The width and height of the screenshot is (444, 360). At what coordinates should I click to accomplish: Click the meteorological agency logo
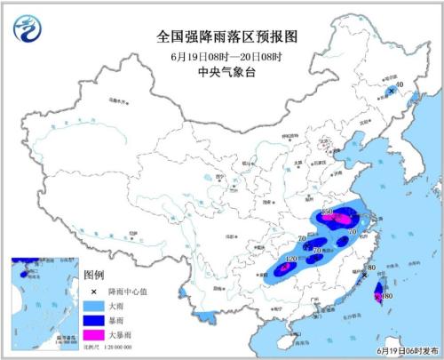(28, 29)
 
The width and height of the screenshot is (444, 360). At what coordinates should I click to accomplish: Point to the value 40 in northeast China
(399, 86)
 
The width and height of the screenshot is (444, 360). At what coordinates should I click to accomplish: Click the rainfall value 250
(327, 212)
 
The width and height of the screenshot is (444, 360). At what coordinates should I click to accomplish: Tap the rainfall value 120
(289, 259)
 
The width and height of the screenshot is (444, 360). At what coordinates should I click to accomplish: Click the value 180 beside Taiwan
(385, 296)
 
